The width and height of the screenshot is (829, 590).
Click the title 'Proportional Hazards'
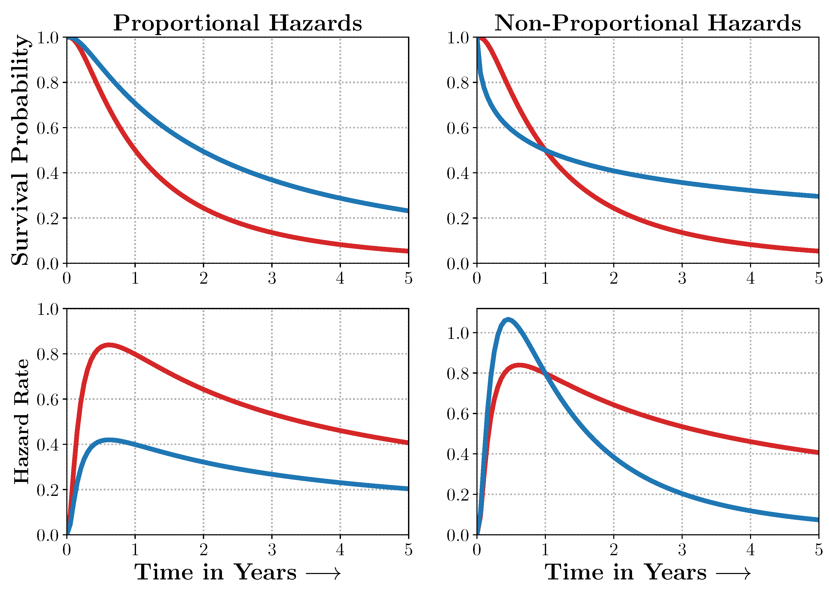pos(237,23)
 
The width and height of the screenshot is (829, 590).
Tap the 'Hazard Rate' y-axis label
pos(21,421)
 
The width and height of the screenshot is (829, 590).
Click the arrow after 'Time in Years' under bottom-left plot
pos(323,574)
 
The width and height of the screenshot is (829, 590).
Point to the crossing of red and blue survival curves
pos(546,150)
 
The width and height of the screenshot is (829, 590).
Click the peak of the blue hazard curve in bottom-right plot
pos(508,320)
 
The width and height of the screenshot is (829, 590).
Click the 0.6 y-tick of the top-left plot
pos(48,128)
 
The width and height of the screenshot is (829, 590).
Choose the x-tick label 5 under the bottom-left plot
pos(408,550)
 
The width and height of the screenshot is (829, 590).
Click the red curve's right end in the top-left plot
pos(407,251)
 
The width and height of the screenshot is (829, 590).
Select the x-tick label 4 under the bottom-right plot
pos(750,550)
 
